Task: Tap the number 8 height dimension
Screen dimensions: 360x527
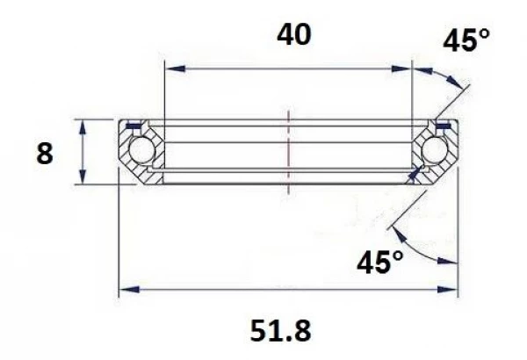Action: (x=45, y=154)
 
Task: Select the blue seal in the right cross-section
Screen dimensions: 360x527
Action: (x=442, y=126)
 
